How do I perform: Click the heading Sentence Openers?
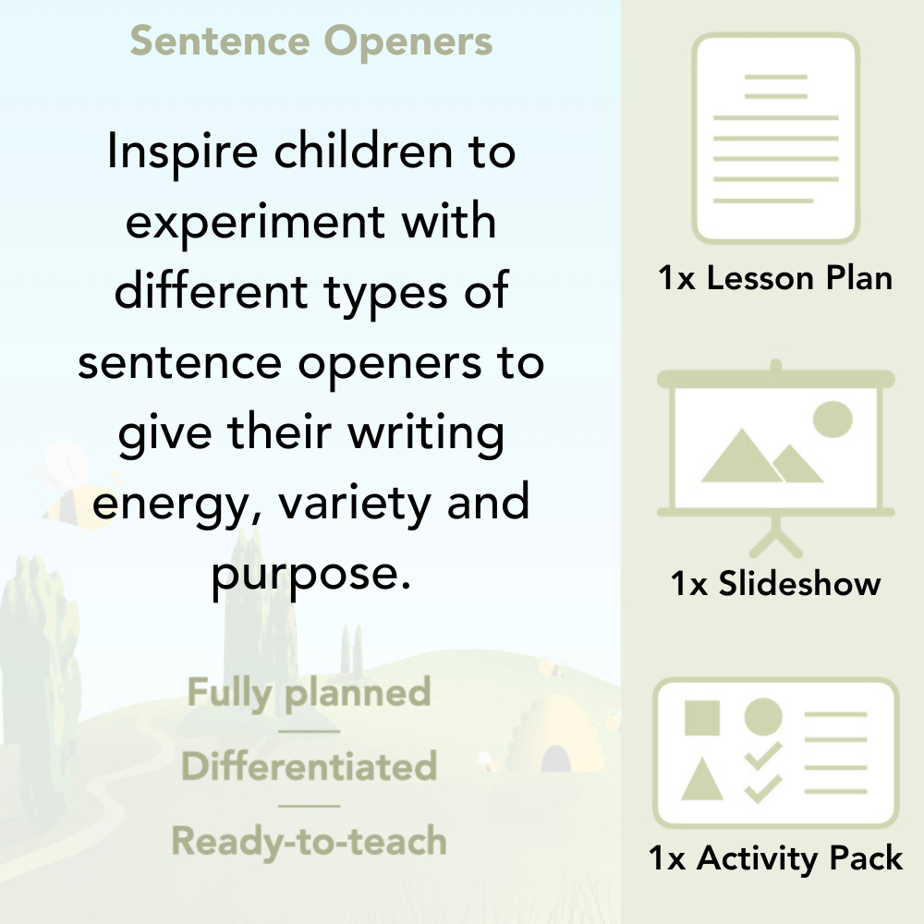pos(311,42)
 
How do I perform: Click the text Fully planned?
pos(310,693)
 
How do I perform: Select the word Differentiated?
pos(310,767)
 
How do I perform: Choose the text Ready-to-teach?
pos(310,841)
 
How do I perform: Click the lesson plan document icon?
pos(776,139)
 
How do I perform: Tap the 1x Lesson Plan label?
pos(776,278)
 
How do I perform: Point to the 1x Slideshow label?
pos(776,584)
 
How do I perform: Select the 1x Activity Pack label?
pos(776,858)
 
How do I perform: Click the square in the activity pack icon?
pos(702,717)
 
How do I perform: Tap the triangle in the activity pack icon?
pos(701,780)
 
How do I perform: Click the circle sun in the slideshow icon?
pos(832,418)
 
